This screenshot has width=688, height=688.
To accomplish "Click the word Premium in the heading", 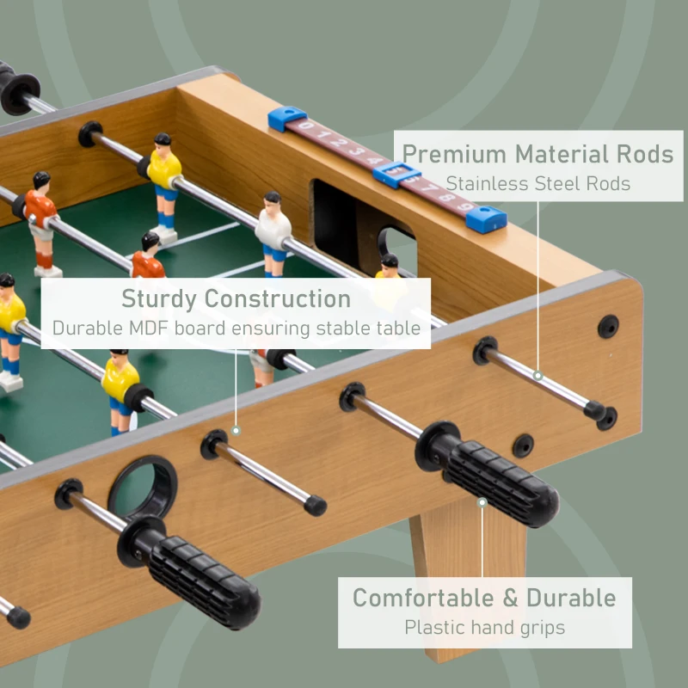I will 454,155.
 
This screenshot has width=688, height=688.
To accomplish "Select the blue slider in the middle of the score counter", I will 396,175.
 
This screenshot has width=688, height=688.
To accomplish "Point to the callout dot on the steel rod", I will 537,375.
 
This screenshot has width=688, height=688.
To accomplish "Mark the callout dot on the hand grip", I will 482,501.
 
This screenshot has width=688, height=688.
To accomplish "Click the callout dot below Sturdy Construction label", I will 236,431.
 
